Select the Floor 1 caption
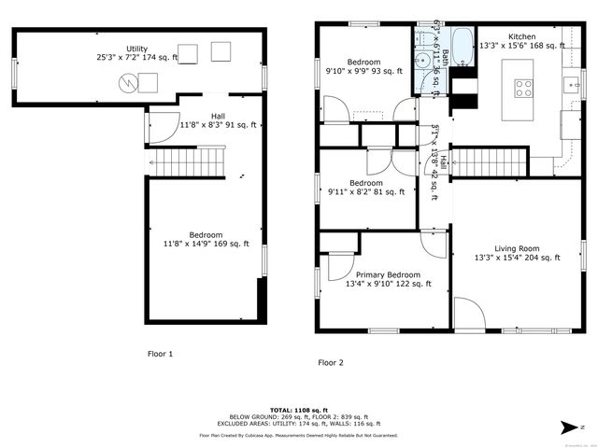click(160, 354)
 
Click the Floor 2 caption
click(330, 362)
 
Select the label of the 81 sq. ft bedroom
click(365, 188)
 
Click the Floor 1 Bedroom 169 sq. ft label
click(206, 239)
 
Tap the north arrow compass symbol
click(570, 427)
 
